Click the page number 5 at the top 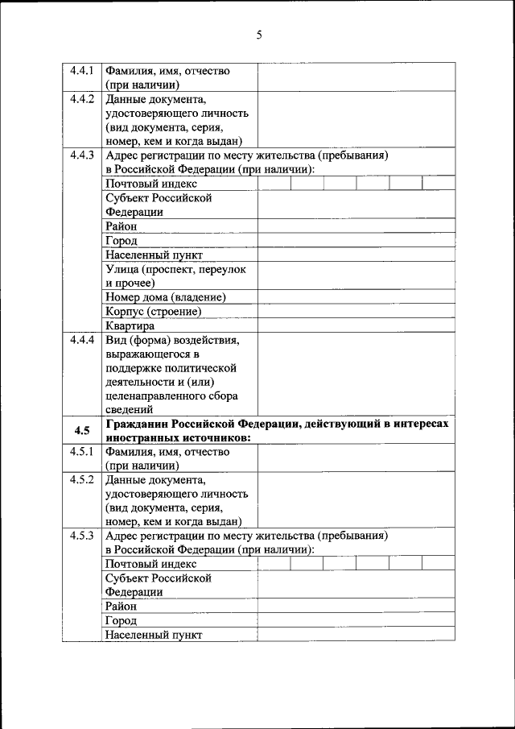point(258,34)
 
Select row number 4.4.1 point(82,71)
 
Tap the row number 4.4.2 point(82,99)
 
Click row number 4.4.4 point(82,340)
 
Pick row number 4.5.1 point(82,452)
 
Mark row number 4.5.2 point(82,480)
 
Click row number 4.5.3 point(82,536)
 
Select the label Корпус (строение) point(153,311)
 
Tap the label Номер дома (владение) point(165,297)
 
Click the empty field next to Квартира point(356,325)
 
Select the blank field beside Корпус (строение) point(356,311)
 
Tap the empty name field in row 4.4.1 point(356,77)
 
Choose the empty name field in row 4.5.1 point(356,458)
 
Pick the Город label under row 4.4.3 point(121,240)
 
